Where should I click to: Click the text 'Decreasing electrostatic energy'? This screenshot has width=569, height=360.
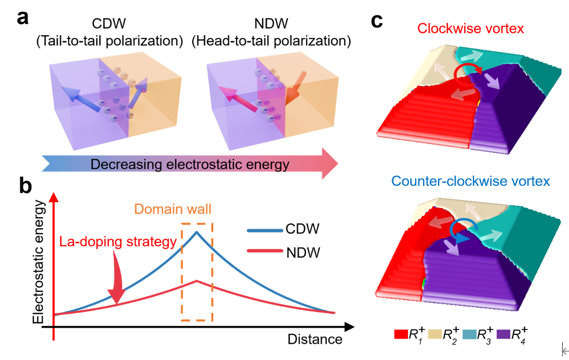pyautogui.click(x=190, y=164)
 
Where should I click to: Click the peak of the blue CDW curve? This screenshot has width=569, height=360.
pyautogui.click(x=196, y=232)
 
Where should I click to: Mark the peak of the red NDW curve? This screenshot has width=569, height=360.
pyautogui.click(x=196, y=281)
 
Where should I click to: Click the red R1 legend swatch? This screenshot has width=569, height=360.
pyautogui.click(x=400, y=334)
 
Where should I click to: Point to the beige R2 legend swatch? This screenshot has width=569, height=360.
pyautogui.click(x=435, y=334)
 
